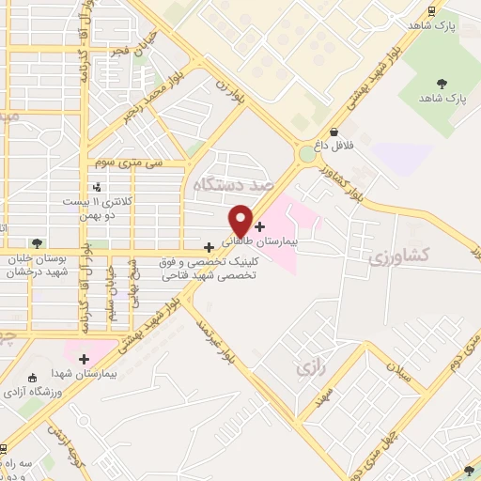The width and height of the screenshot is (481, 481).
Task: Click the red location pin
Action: tap(240, 220)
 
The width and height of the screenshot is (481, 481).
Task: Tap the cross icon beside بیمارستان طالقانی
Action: tap(260, 226)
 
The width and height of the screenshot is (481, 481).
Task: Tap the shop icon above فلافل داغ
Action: tap(334, 132)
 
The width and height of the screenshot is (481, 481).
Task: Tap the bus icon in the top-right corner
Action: tap(431, 11)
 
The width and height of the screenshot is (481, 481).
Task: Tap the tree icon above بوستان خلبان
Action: tap(37, 243)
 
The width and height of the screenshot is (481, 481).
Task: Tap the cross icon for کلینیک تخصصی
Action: tap(209, 247)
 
